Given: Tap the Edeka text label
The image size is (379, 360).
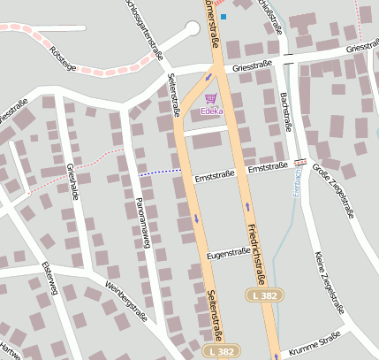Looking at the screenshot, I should [211, 111].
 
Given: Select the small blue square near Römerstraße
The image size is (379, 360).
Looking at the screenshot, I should [224, 16].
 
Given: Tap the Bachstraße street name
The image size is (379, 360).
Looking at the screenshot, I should [285, 111].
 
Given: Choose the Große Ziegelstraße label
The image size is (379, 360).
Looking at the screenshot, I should [333, 192].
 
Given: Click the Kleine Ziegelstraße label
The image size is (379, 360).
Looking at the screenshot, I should [327, 281].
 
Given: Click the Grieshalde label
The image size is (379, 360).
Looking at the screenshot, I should [72, 182].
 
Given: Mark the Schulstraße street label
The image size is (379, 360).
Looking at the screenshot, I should [269, 16].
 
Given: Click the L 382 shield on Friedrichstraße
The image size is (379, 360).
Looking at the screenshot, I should [262, 294].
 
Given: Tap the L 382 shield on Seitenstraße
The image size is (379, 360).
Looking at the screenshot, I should [224, 351].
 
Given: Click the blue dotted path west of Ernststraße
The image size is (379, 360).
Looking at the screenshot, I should [160, 172].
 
